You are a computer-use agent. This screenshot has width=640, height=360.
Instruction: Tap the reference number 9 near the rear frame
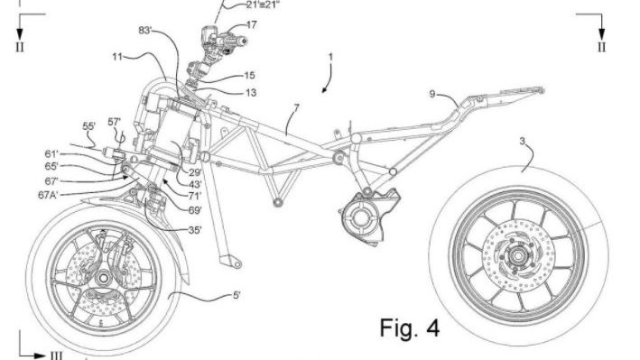432,93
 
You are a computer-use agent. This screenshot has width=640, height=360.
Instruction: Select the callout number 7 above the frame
294,108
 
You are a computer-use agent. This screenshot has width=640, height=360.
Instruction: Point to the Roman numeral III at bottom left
56,355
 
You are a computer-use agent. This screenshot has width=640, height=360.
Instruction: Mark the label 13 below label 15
251,92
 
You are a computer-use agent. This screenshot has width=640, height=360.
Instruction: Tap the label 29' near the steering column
194,171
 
